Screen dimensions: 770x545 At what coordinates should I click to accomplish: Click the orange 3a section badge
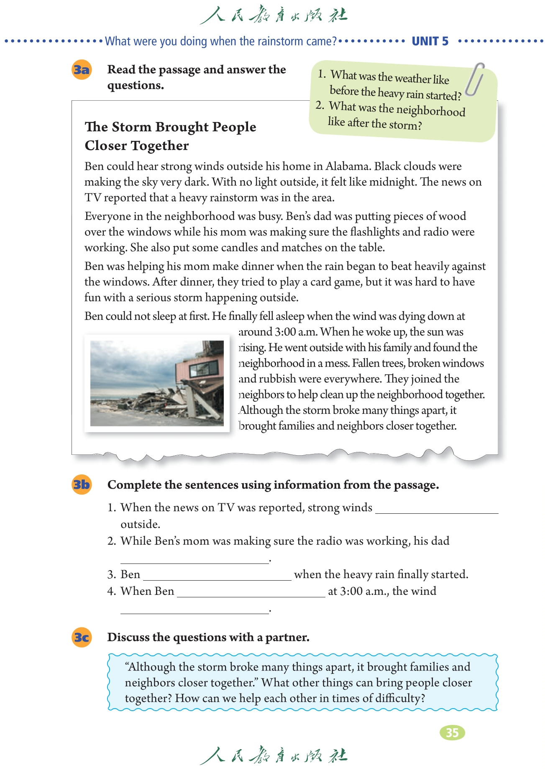[x=82, y=69]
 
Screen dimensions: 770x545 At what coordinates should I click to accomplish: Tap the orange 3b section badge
[x=82, y=484]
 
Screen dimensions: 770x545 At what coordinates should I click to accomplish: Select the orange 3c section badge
[x=82, y=637]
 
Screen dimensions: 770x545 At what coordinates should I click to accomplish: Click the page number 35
[x=452, y=732]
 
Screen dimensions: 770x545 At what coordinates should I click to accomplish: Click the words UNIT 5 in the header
[x=430, y=41]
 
